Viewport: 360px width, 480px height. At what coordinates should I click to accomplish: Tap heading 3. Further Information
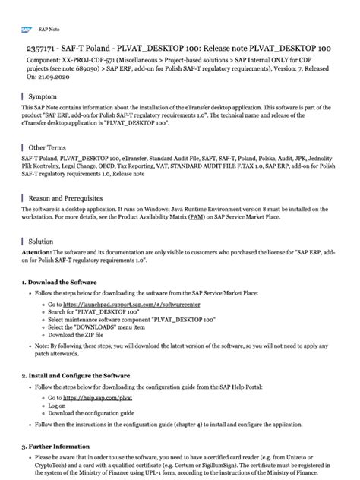(x=58, y=447)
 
